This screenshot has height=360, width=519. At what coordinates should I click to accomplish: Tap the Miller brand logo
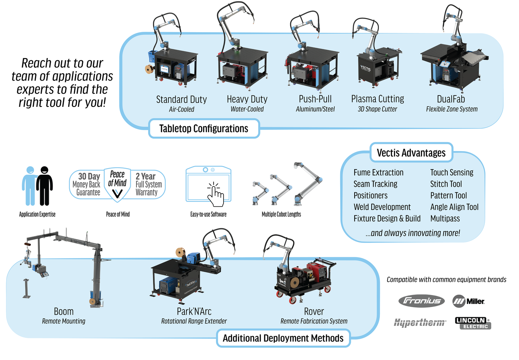pyautogui.click(x=468, y=301)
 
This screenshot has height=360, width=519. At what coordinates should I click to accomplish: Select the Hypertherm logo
pyautogui.click(x=420, y=323)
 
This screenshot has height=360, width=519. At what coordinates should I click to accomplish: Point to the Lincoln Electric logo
pyautogui.click(x=473, y=323)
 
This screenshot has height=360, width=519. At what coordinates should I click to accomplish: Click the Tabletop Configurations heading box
pyautogui.click(x=204, y=129)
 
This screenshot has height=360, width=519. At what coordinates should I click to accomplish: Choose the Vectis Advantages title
pyautogui.click(x=411, y=153)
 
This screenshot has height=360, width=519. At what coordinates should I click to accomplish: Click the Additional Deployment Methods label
pyautogui.click(x=283, y=338)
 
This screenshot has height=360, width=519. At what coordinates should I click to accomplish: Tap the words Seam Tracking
pyautogui.click(x=375, y=184)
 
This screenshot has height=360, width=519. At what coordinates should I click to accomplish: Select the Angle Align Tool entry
pyautogui.click(x=454, y=207)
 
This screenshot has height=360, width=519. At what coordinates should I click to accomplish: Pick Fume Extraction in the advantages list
pyautogui.click(x=378, y=173)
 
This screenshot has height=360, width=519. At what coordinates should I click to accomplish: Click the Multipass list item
pyautogui.click(x=445, y=219)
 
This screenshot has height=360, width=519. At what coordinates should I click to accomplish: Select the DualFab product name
pyautogui.click(x=451, y=99)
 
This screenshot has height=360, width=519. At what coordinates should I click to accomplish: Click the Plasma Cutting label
pyautogui.click(x=377, y=99)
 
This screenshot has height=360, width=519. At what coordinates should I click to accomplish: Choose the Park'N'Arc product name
pyautogui.click(x=194, y=311)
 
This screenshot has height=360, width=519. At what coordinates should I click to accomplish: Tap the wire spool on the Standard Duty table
pyautogui.click(x=149, y=69)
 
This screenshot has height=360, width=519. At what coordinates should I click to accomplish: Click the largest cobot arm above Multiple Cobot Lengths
pyautogui.click(x=308, y=183)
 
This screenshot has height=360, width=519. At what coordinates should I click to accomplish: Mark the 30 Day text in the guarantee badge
pyautogui.click(x=89, y=176)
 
